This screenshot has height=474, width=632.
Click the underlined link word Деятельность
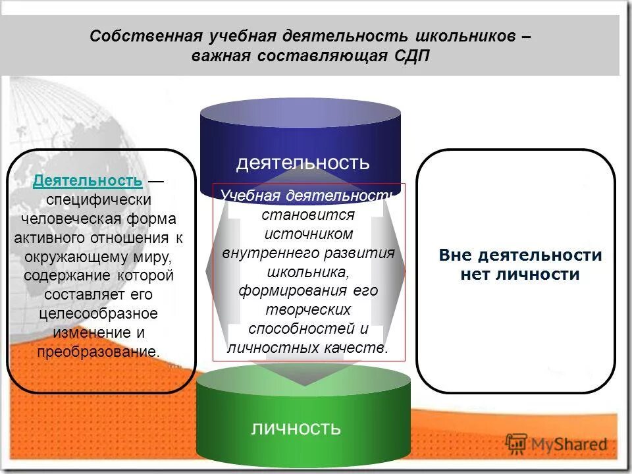[x=88, y=180]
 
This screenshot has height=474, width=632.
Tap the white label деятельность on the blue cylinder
[x=303, y=162]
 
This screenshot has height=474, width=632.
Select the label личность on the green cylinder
[x=296, y=429]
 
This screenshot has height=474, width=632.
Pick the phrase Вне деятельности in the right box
[x=520, y=255]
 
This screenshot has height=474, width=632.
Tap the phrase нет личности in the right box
[x=520, y=275]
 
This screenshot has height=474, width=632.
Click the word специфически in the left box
[x=99, y=199]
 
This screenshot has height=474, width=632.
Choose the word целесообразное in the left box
[x=97, y=313]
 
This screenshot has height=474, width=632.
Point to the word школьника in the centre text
[x=307, y=271]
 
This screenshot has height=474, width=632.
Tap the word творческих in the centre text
[x=309, y=309]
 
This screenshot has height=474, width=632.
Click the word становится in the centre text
[x=308, y=215]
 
